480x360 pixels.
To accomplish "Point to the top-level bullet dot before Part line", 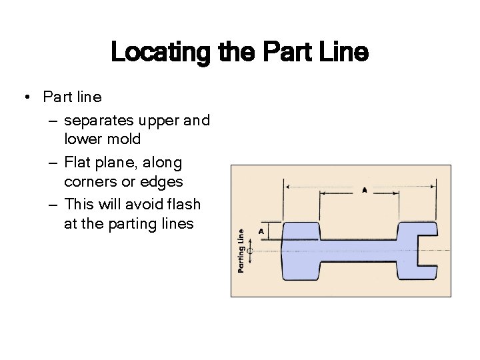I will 24,97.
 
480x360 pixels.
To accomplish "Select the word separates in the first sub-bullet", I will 98,121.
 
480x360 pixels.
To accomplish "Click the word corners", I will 90,181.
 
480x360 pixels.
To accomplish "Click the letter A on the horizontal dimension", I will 364,190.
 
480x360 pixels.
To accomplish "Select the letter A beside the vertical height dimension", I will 261,231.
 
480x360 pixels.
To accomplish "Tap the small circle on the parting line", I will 250,251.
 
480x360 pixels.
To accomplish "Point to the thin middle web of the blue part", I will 360,251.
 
